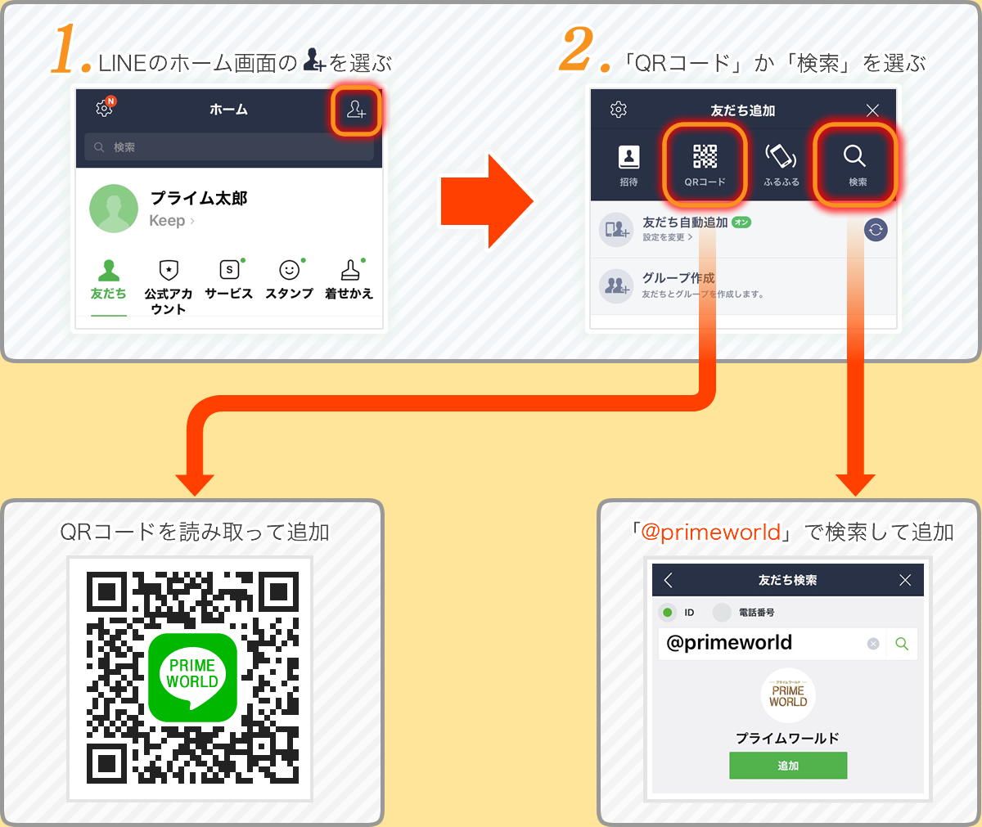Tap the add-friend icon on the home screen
[356, 110]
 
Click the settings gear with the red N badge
[105, 108]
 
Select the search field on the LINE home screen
[228, 147]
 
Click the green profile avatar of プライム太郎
[114, 209]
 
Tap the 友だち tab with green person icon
[108, 279]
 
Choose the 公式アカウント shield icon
[169, 271]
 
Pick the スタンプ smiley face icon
[289, 271]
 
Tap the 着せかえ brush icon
[349, 271]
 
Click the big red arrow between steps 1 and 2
[486, 200]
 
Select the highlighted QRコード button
[705, 164]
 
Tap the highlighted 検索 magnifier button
[855, 164]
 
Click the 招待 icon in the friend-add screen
[628, 164]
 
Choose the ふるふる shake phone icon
[781, 164]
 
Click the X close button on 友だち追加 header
[872, 110]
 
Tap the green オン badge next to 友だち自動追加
[741, 222]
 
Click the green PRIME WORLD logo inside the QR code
[192, 677]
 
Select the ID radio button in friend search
[668, 613]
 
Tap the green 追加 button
[788, 766]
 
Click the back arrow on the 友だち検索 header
[669, 580]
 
